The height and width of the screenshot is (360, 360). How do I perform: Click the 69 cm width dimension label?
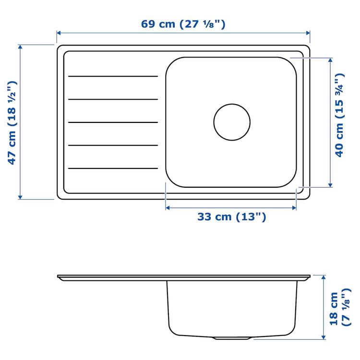click(x=183, y=24)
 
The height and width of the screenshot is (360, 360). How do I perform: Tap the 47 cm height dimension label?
click(x=13, y=122)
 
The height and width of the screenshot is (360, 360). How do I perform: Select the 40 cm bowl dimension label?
click(x=339, y=115)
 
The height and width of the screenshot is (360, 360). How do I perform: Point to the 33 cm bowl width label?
click(x=231, y=217)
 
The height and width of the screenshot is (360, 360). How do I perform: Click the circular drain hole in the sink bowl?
click(x=232, y=122)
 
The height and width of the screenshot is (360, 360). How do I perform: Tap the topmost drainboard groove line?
click(x=113, y=76)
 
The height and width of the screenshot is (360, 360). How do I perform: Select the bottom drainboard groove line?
click(x=113, y=168)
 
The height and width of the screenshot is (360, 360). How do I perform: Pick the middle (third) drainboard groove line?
click(x=113, y=122)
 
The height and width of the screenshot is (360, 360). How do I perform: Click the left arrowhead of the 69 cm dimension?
click(x=59, y=33)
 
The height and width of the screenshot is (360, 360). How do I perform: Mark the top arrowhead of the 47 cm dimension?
click(x=20, y=47)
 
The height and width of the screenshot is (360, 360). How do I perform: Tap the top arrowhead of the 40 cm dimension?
click(x=330, y=61)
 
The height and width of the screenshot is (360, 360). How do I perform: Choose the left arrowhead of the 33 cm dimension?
click(x=168, y=208)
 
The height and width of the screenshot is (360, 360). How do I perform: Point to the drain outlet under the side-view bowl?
click(x=231, y=338)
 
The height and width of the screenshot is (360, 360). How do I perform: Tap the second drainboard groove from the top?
click(x=113, y=99)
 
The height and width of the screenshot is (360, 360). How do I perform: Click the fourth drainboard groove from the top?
click(x=113, y=145)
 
